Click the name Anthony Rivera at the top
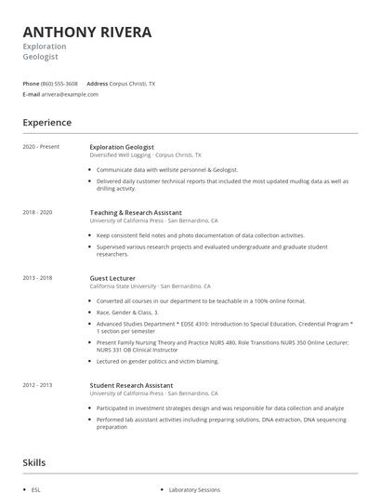pyautogui.click(x=86, y=32)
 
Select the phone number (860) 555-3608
pyautogui.click(x=59, y=83)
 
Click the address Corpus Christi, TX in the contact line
pyautogui.click(x=132, y=83)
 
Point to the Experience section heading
pyautogui.click(x=46, y=123)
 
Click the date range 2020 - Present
pyautogui.click(x=41, y=147)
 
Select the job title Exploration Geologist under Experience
pyautogui.click(x=122, y=147)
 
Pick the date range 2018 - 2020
pyautogui.click(x=38, y=212)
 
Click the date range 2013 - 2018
pyautogui.click(x=38, y=278)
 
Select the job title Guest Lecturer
pyautogui.click(x=112, y=278)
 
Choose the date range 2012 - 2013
pyautogui.click(x=38, y=385)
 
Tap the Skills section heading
pyautogui.click(x=34, y=462)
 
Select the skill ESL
pyautogui.click(x=36, y=488)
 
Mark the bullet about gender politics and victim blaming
pyautogui.click(x=157, y=361)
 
